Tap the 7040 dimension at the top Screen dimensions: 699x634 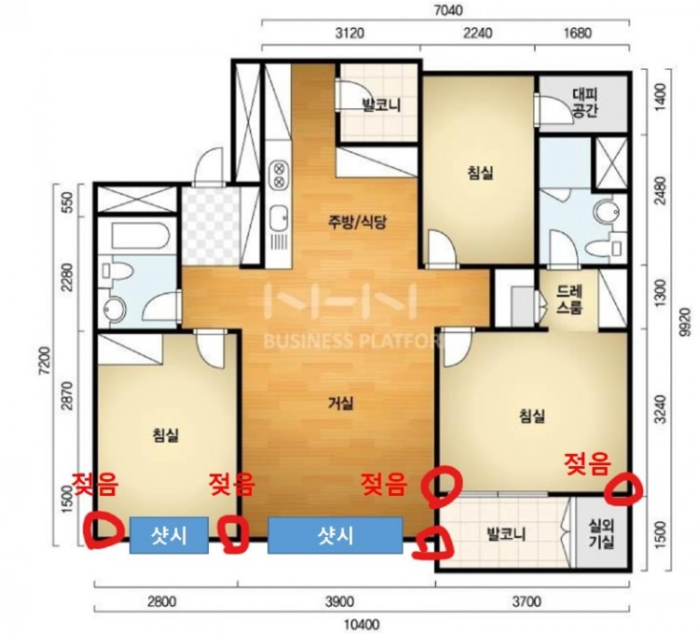tap(448, 10)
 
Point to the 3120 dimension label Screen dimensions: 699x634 tap(349, 33)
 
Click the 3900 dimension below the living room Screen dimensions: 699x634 tap(339, 602)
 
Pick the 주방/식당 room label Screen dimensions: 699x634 tap(357, 222)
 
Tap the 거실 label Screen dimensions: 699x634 tap(341, 404)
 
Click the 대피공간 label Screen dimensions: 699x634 tap(585, 103)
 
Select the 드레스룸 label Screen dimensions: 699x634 tap(569, 299)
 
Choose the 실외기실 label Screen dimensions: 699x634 tap(601, 533)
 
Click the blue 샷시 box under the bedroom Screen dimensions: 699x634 tap(169, 535)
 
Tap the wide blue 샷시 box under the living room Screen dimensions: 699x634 tap(336, 535)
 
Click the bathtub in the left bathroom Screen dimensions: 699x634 tap(140, 237)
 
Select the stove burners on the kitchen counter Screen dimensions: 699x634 tap(279, 174)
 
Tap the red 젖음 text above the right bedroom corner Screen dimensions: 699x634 tap(587, 463)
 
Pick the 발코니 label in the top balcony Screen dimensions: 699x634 tap(381, 105)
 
